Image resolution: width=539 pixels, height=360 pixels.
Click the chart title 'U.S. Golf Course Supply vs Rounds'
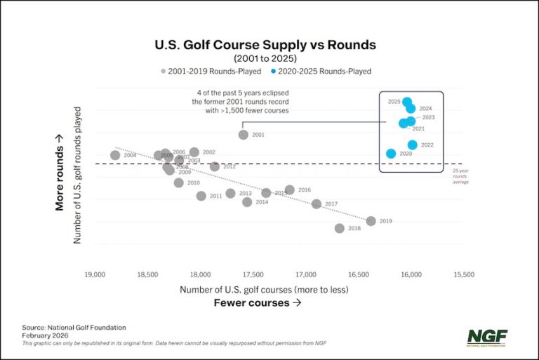coord(265,45)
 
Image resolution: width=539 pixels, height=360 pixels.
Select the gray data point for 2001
coord(244,135)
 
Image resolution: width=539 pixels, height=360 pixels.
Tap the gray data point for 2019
coord(371,221)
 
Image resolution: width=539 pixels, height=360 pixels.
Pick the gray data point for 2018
coord(340,228)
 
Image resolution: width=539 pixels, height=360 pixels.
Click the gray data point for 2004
coord(115,155)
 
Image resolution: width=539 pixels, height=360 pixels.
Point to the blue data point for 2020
coord(391,154)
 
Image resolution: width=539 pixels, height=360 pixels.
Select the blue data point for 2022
coord(413,145)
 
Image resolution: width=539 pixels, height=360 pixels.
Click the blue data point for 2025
coord(407,102)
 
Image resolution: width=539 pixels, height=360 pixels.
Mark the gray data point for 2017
coord(317,204)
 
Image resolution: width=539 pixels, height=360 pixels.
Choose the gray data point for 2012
coord(215,166)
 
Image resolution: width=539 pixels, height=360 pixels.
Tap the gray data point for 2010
coord(178,182)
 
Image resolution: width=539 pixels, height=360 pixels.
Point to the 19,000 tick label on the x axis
coord(95,274)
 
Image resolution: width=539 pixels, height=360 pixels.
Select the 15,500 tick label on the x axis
coord(463,274)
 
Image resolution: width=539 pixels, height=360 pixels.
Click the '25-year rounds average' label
coord(459,176)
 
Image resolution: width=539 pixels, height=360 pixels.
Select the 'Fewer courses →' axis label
coord(257,303)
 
